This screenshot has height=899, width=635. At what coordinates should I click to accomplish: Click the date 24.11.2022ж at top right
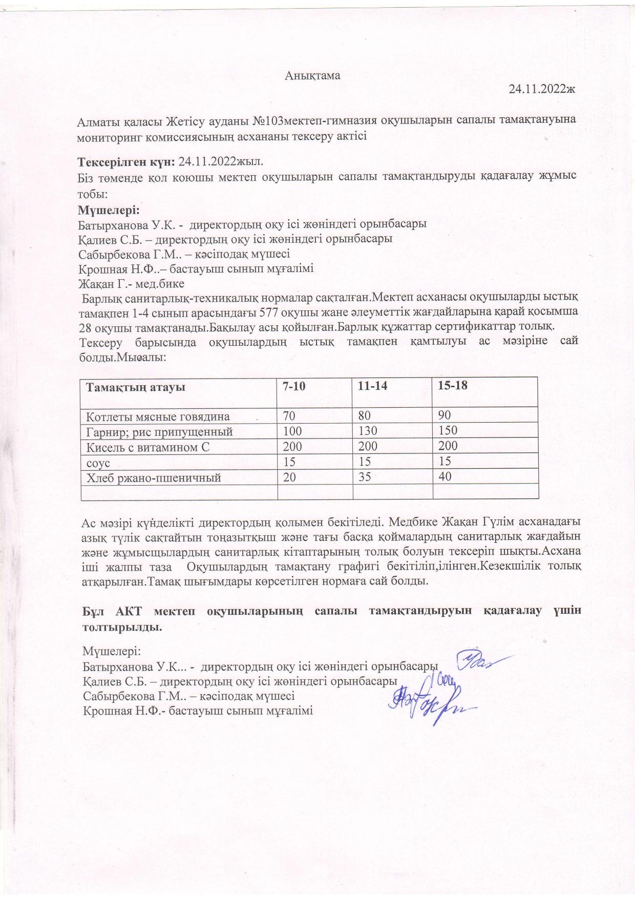coord(543,89)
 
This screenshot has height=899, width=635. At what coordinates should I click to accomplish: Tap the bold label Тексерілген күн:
coord(126,162)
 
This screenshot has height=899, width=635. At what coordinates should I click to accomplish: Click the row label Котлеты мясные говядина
coord(158,416)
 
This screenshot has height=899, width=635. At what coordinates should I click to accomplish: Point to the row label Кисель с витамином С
coord(149,447)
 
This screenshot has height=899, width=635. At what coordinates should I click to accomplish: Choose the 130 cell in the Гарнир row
coord(368,431)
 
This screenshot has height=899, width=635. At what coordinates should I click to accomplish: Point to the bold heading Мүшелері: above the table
coord(108,211)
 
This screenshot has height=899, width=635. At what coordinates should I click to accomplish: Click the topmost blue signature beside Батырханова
coord(479,661)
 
